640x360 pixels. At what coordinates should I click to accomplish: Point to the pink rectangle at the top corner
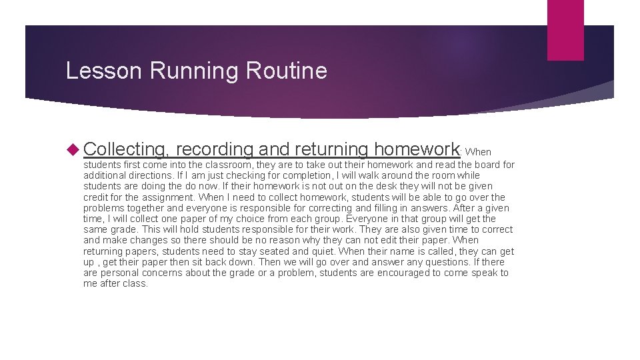pyautogui.click(x=565, y=30)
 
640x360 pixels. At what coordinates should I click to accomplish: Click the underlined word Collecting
pyautogui.click(x=127, y=149)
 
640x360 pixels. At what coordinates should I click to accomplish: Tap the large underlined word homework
pyautogui.click(x=417, y=149)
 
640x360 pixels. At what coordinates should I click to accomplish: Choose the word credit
pyautogui.click(x=97, y=197)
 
